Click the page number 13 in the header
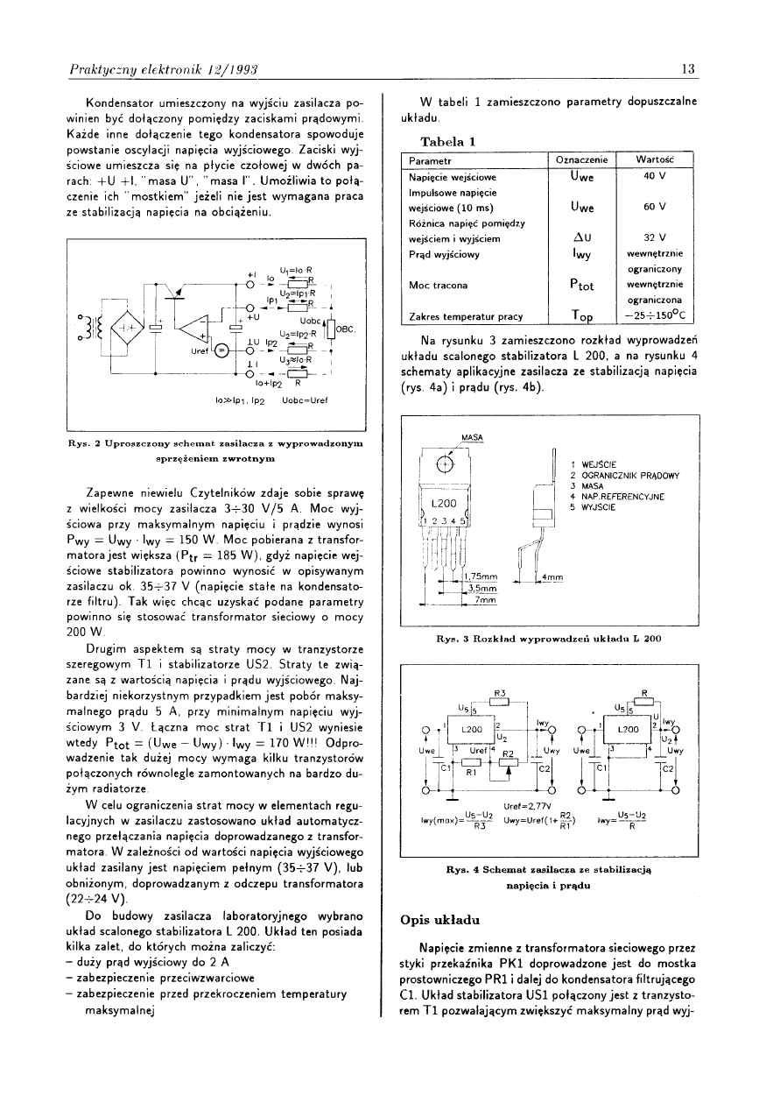click(688, 69)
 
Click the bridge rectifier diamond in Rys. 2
click(129, 329)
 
